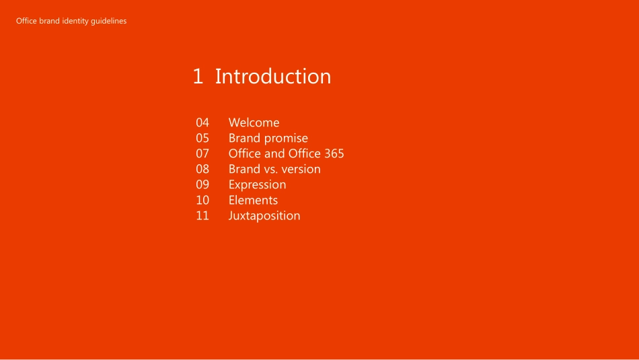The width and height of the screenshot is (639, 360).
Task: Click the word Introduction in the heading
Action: (x=273, y=76)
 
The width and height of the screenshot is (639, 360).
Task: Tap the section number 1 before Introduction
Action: (x=198, y=77)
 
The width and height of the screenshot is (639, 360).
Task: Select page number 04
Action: (x=202, y=122)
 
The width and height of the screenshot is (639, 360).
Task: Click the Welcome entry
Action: (x=254, y=122)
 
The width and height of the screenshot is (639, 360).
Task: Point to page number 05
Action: (x=202, y=138)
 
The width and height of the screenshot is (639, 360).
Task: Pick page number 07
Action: (x=202, y=153)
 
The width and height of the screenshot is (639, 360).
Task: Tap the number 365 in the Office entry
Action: (x=334, y=153)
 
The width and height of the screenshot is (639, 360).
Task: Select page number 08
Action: (x=202, y=169)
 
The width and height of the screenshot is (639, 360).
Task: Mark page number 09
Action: (x=202, y=184)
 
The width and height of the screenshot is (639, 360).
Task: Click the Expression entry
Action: (x=257, y=184)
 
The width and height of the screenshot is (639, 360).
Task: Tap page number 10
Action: (x=202, y=200)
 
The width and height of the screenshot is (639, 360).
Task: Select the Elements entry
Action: (x=253, y=200)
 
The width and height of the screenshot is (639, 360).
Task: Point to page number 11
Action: (x=202, y=216)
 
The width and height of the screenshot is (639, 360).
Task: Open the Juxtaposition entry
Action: (x=264, y=216)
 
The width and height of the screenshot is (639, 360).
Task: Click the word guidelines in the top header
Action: (x=109, y=22)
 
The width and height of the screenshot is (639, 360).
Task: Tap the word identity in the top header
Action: (x=75, y=22)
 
